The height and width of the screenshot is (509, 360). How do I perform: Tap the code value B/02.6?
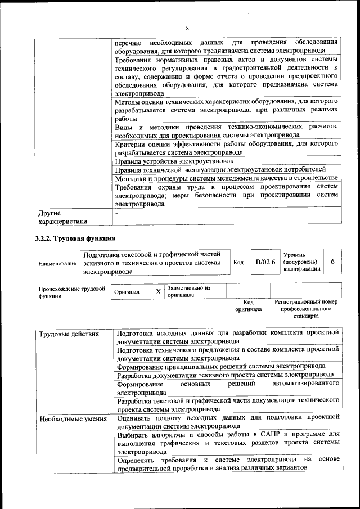pyautogui.click(x=265, y=262)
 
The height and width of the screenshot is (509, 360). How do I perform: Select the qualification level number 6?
pyautogui.click(x=333, y=262)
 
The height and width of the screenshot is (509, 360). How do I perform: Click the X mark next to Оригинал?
pyautogui.click(x=158, y=291)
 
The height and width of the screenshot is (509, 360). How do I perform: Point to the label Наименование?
pyautogui.click(x=57, y=263)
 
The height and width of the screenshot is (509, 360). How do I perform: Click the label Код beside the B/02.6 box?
pyautogui.click(x=238, y=262)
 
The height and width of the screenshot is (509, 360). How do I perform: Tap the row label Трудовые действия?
pyautogui.click(x=61, y=334)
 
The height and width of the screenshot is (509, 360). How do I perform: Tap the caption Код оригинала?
pyautogui.click(x=248, y=305)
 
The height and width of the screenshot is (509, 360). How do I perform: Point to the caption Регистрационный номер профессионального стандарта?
pyautogui.click(x=306, y=309)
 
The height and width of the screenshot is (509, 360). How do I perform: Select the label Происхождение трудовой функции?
pyautogui.click(x=72, y=292)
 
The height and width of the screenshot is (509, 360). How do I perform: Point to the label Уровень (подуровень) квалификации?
pyautogui.click(x=301, y=262)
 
